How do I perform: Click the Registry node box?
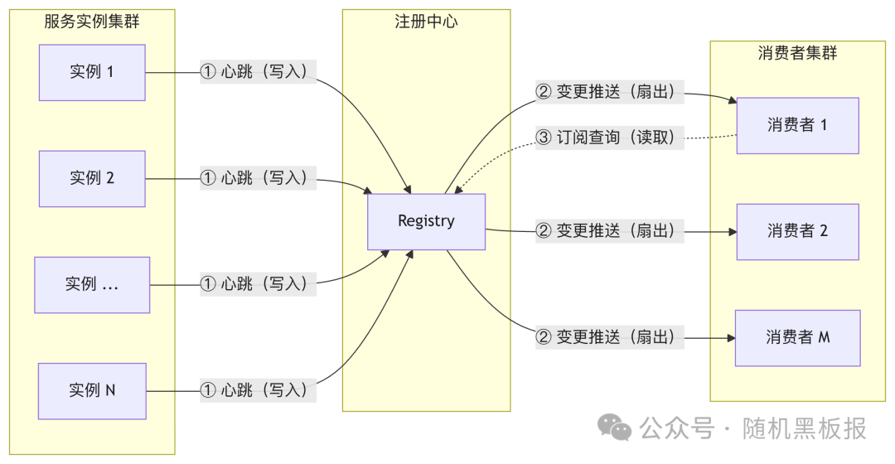pos(426,221)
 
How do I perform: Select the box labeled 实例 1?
pos(92,72)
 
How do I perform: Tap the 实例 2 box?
pos(92,178)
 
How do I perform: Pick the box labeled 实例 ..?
pos(92,284)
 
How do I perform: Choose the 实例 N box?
pos(92,389)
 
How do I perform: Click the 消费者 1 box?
pos(797,125)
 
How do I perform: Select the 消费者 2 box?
pos(797,231)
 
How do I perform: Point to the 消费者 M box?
pos(797,337)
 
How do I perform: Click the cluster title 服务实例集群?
pos(92,22)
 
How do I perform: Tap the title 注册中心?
pos(426,22)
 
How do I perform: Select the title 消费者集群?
pos(797,53)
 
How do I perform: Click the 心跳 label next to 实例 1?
pos(258,72)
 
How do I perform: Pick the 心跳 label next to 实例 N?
pos(258,389)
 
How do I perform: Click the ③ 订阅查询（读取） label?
pos(610,138)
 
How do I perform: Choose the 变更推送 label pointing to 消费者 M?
pos(610,337)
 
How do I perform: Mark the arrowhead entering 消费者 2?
pos(732,232)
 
